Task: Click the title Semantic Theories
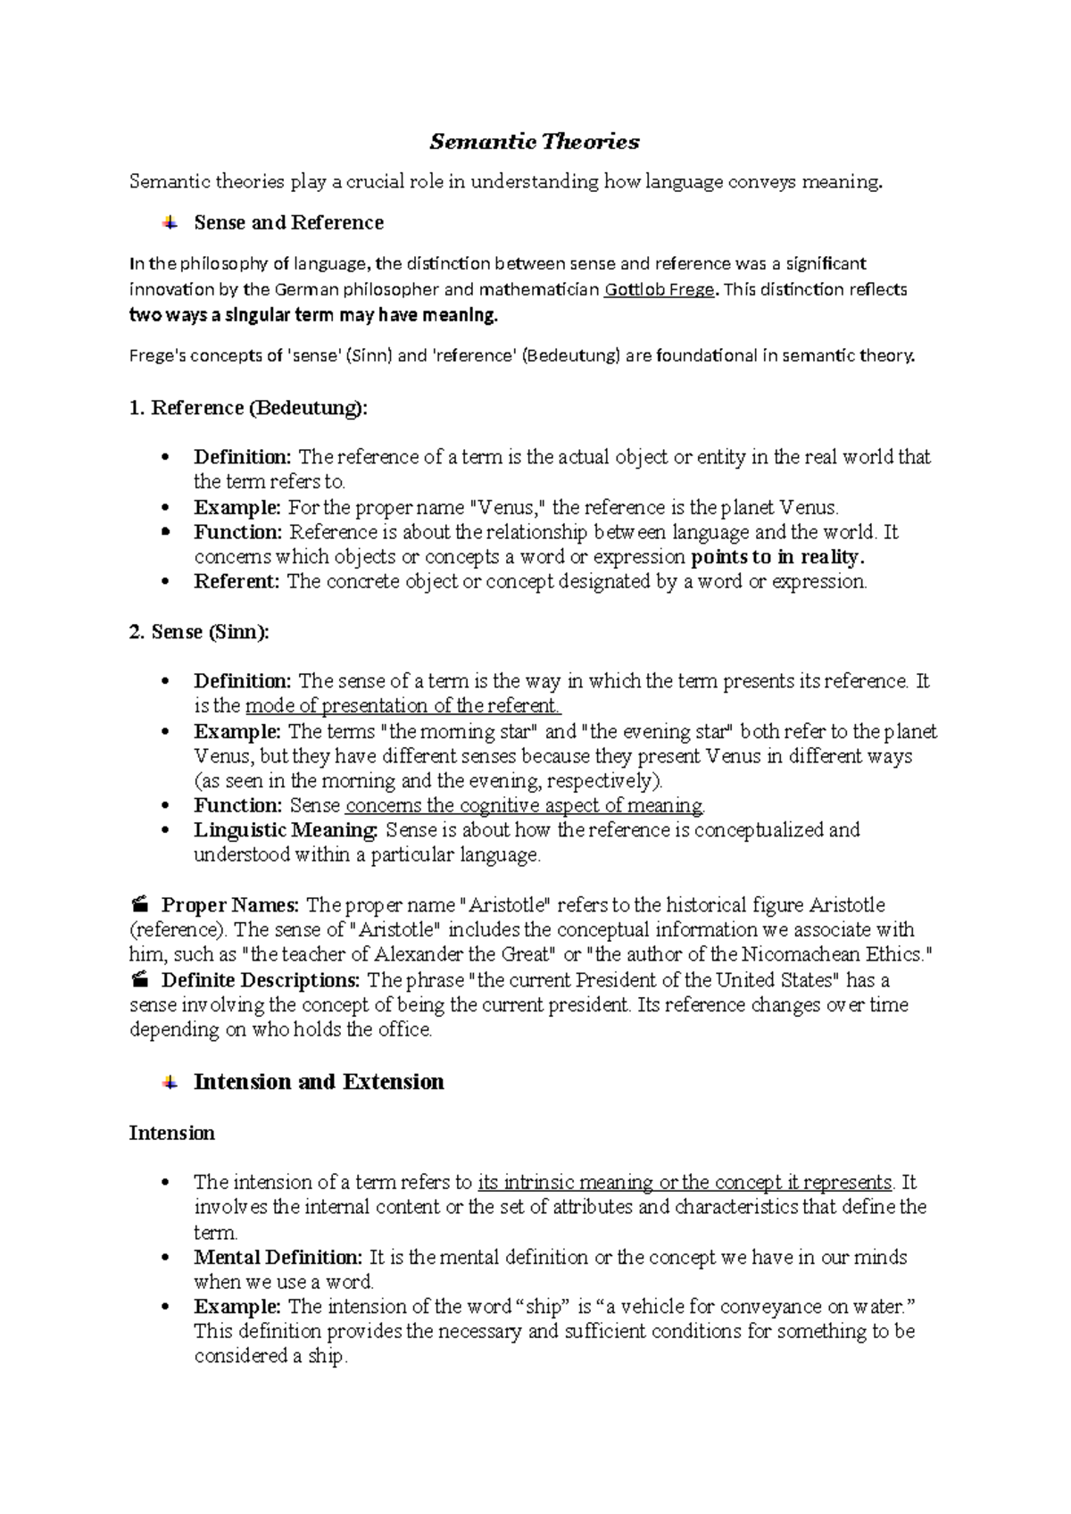pyautogui.click(x=535, y=142)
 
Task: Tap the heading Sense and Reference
pyautogui.click(x=288, y=222)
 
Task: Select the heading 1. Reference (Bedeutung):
pyautogui.click(x=248, y=408)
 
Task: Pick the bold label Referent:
pyautogui.click(x=237, y=582)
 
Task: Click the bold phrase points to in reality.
pyautogui.click(x=778, y=558)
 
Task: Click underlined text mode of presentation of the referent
pyautogui.click(x=403, y=706)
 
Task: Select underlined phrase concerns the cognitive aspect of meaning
pyautogui.click(x=524, y=806)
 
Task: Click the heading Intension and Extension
pyautogui.click(x=319, y=1082)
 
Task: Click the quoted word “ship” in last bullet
pyautogui.click(x=544, y=1307)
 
